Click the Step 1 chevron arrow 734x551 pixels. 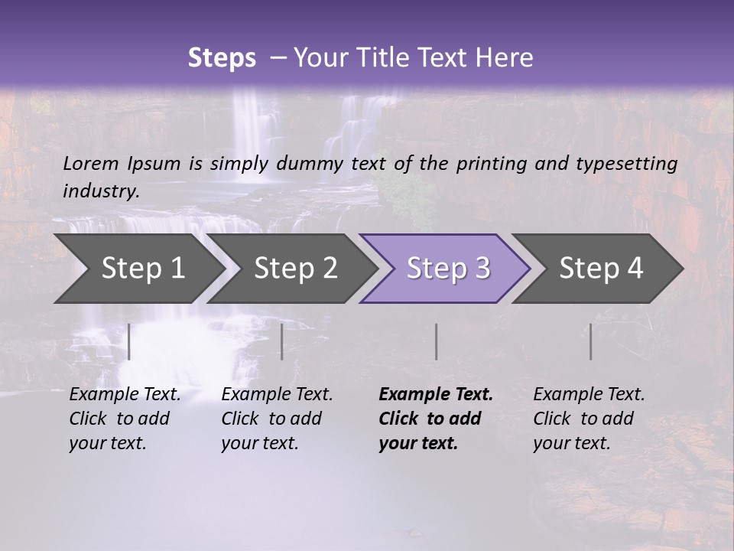pyautogui.click(x=138, y=269)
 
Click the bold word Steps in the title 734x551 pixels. pyautogui.click(x=222, y=57)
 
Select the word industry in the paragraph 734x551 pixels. pyautogui.click(x=100, y=191)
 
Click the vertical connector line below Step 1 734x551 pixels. pyautogui.click(x=129, y=341)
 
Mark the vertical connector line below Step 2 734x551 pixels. pyautogui.click(x=282, y=341)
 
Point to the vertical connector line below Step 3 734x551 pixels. pyautogui.click(x=436, y=341)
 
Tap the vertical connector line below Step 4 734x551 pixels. pyautogui.click(x=590, y=341)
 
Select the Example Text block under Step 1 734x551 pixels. pyautogui.click(x=125, y=419)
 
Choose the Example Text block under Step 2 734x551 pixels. pyautogui.click(x=277, y=419)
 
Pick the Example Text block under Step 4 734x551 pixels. pyautogui.click(x=589, y=419)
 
